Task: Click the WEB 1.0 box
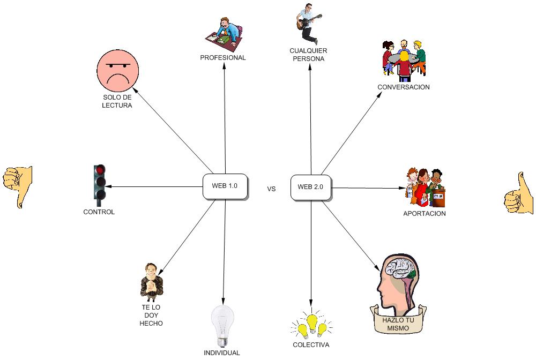[x=225, y=187]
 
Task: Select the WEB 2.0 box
[x=311, y=187]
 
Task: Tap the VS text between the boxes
[x=271, y=189]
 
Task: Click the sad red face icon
[x=118, y=71]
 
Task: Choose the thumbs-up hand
[x=518, y=194]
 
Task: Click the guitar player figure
[x=307, y=23]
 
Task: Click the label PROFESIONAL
[x=223, y=58]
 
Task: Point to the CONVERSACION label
[x=404, y=87]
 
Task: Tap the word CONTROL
[x=99, y=212]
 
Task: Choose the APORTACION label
[x=425, y=214]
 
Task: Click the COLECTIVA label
[x=311, y=345]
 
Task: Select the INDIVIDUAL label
[x=222, y=353]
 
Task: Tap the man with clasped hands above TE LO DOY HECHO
[x=151, y=282]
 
